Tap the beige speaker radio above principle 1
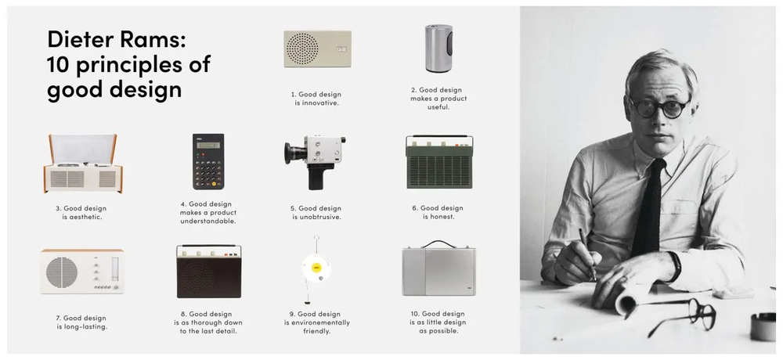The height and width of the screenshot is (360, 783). pyautogui.click(x=317, y=49)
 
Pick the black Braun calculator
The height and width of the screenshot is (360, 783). pyautogui.click(x=207, y=161)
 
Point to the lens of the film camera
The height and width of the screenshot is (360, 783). pyautogui.click(x=291, y=149)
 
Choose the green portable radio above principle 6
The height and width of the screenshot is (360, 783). pyautogui.click(x=438, y=162)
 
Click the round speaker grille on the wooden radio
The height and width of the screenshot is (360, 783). pyautogui.click(x=62, y=272)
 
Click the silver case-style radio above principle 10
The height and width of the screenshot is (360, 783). pyautogui.click(x=439, y=272)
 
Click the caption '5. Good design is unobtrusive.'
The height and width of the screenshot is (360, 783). pyautogui.click(x=319, y=212)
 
